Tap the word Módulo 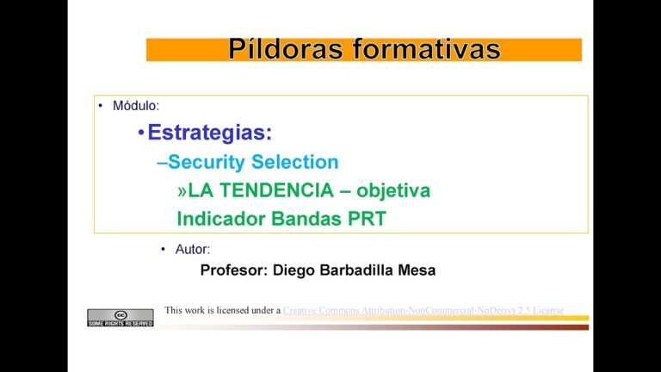click(135, 106)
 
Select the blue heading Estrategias click(209, 133)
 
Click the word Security click(207, 162)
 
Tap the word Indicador click(220, 219)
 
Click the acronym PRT click(367, 219)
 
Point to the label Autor click(192, 249)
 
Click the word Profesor click(233, 270)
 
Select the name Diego click(295, 270)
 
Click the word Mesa click(417, 270)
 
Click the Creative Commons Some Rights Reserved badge click(120, 318)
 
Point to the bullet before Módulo click(101, 106)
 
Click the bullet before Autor click(163, 249)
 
